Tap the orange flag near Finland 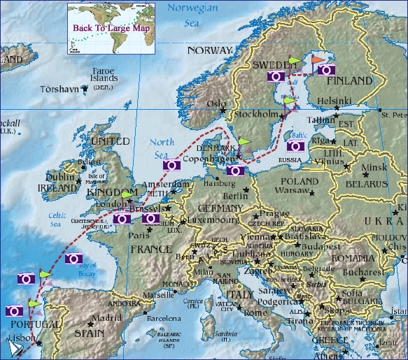click(x=318, y=60)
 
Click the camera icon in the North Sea click(x=172, y=166)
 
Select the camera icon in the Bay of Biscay click(x=74, y=259)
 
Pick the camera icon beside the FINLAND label click(x=326, y=70)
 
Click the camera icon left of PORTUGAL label click(x=14, y=311)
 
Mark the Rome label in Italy click(x=255, y=313)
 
